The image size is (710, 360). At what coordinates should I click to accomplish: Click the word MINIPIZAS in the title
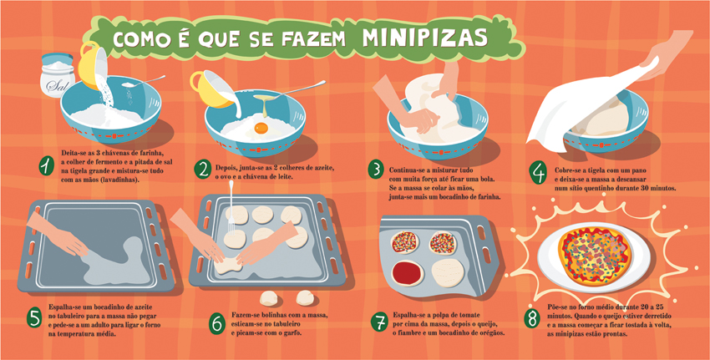[424, 38]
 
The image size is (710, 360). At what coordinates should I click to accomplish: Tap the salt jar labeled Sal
[58, 76]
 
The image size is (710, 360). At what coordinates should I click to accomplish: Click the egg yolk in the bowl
[261, 128]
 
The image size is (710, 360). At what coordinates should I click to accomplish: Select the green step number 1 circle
[46, 167]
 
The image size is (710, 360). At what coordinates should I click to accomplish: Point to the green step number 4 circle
[538, 174]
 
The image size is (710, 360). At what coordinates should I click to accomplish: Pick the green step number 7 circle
[379, 322]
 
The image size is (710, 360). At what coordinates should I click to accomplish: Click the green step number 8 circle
[532, 318]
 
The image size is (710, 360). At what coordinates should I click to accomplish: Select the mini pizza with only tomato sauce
[408, 273]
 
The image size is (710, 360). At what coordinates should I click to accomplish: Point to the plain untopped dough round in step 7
[448, 272]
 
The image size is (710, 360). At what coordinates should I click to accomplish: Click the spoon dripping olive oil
[289, 91]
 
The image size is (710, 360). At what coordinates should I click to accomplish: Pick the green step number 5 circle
[34, 317]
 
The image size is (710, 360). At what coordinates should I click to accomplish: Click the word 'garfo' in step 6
[292, 333]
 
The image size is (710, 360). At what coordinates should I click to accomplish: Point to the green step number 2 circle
[202, 170]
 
